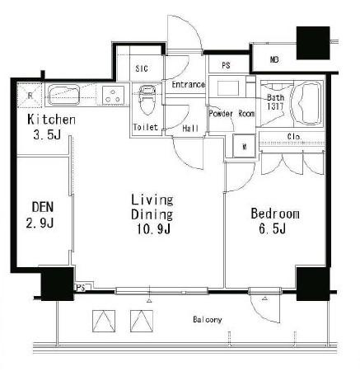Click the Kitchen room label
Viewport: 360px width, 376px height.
click(x=51, y=120)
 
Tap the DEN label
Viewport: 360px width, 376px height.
click(x=43, y=207)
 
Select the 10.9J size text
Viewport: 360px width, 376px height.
click(x=154, y=229)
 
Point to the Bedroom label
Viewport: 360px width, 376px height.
click(x=275, y=214)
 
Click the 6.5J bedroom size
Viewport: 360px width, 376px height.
click(x=273, y=228)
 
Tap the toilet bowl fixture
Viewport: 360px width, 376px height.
click(x=147, y=100)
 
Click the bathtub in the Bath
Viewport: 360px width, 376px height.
click(x=307, y=104)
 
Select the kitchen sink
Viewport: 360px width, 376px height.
click(x=64, y=95)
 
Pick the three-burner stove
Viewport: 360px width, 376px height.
click(x=113, y=96)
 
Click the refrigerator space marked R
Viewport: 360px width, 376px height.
click(x=30, y=95)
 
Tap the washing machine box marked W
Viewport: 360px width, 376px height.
click(x=244, y=146)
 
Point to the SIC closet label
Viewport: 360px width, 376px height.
click(x=142, y=68)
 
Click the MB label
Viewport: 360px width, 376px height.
click(x=274, y=59)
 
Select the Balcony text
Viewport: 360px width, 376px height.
click(x=208, y=320)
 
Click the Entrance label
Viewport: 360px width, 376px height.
click(x=189, y=84)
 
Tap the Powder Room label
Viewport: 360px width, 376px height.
click(x=231, y=114)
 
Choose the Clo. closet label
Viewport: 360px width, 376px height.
click(x=294, y=136)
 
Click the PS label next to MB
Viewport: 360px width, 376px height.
click(x=226, y=66)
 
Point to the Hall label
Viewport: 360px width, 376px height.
click(x=190, y=128)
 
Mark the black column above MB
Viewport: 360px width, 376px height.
click(x=313, y=43)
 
